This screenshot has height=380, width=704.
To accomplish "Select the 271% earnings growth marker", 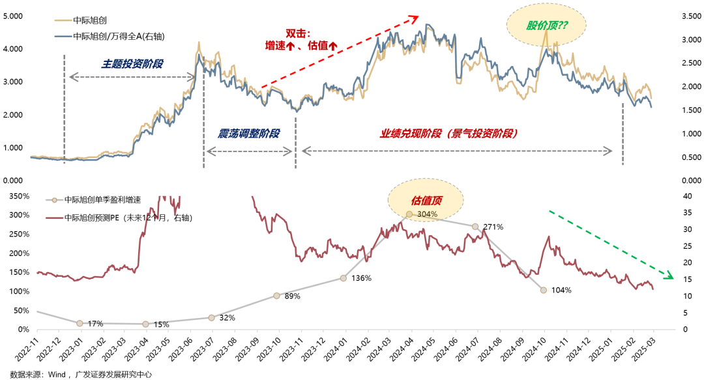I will (475, 227).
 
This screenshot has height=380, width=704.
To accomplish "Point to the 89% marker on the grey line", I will (276, 296).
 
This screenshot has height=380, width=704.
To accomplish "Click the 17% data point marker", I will (80, 323).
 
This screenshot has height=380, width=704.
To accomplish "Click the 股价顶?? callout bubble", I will (547, 26).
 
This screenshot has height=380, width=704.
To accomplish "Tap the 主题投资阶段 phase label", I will (132, 64).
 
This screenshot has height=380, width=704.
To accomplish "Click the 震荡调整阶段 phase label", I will (249, 133).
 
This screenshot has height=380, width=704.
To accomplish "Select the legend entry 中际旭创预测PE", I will (128, 217).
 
